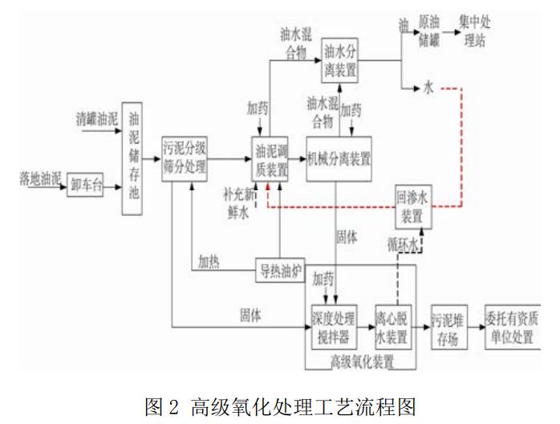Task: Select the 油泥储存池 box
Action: click(136, 162)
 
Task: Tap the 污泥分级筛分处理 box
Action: click(185, 159)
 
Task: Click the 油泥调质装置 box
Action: click(270, 159)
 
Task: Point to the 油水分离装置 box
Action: click(339, 57)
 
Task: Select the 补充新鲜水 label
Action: click(238, 202)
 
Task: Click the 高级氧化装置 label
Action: click(362, 361)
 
